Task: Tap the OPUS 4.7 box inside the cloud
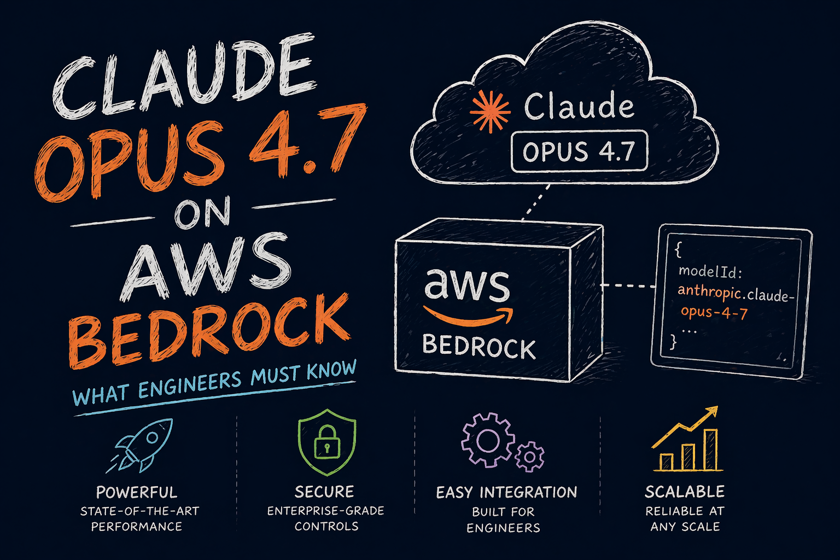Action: tap(579, 151)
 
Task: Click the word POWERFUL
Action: tap(137, 492)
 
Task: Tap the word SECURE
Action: tap(324, 492)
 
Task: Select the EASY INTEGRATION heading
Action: tap(506, 492)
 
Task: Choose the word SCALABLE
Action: tap(685, 492)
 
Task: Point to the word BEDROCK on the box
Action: tap(479, 348)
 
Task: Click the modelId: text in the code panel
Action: tap(709, 271)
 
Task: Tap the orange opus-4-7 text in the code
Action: tap(714, 312)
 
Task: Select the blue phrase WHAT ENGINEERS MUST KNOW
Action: tap(214, 383)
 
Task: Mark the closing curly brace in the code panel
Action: tap(674, 342)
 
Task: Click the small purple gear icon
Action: tap(530, 456)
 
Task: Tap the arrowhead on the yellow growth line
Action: tap(712, 412)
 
